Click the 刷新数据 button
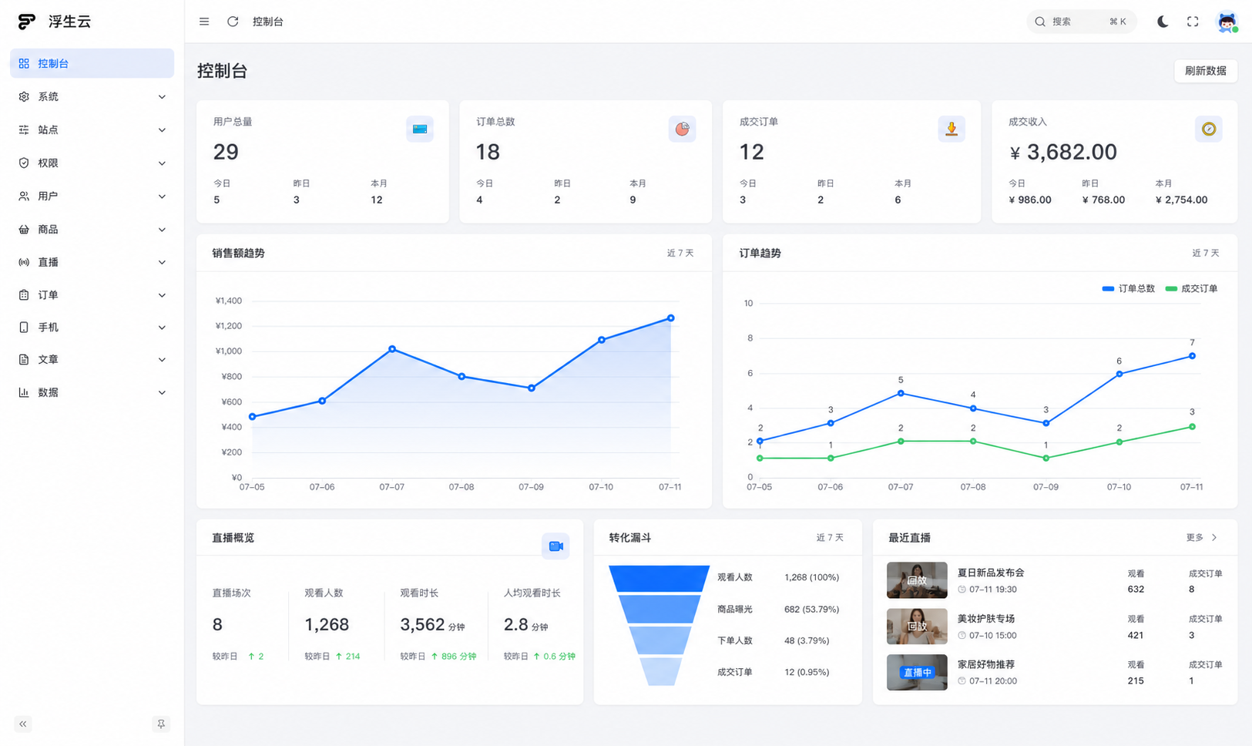[1206, 71]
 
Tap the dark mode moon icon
[1163, 22]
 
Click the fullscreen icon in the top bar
[1193, 22]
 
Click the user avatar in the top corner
[1227, 22]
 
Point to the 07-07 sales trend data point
[392, 349]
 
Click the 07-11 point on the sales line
[671, 318]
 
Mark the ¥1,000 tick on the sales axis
[229, 351]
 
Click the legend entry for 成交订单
[1191, 288]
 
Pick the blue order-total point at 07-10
[1119, 374]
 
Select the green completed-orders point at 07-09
[1046, 458]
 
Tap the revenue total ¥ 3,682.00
[1063, 152]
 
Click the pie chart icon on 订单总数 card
[682, 129]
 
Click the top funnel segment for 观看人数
[659, 578]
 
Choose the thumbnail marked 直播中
[917, 672]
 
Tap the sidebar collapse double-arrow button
[23, 724]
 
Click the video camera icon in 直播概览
[556, 546]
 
